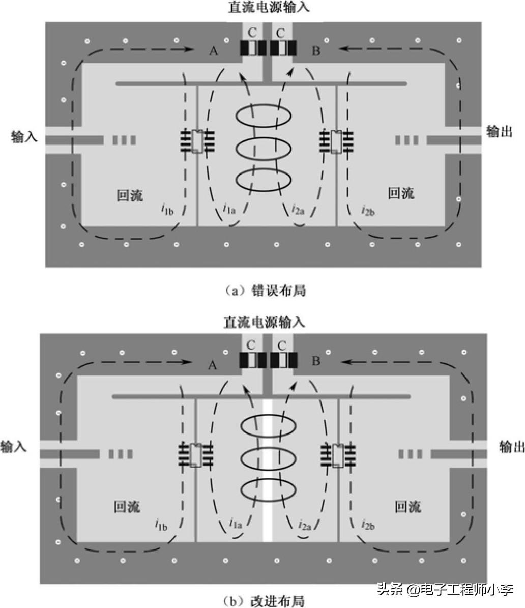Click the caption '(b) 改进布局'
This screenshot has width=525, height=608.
pos(263,601)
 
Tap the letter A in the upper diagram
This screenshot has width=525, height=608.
pos(213,50)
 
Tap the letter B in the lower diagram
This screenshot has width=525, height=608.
pos(315,361)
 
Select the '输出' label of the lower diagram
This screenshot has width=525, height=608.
pos(511,447)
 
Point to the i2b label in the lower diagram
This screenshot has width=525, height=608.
pos(368,524)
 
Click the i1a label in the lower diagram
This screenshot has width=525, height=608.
pos(235,523)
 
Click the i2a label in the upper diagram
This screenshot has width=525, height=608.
pos(298,209)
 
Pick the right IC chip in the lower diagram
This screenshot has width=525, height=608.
pos(337,455)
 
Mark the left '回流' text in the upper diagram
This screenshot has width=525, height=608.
pos(130,195)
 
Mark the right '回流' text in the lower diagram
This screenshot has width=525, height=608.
pos(407,507)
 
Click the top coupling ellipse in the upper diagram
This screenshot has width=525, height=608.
pos(265,116)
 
